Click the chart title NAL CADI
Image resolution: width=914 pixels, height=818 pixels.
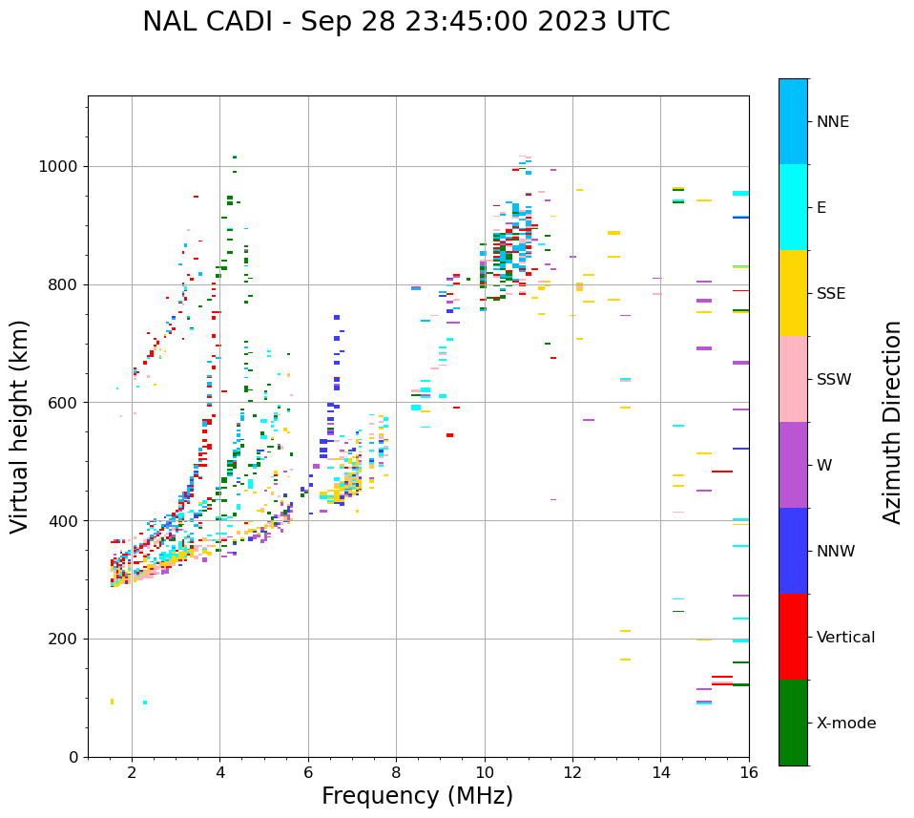tap(405, 22)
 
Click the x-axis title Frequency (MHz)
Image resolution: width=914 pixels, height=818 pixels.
tap(417, 796)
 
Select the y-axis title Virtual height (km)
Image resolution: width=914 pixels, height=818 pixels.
tap(20, 427)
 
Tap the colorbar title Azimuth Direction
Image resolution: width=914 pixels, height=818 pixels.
tap(892, 422)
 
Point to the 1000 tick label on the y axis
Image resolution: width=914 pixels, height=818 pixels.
tap(59, 167)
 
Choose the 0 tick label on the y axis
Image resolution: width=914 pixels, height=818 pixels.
tap(73, 757)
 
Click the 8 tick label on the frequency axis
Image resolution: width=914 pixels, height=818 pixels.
tap(396, 772)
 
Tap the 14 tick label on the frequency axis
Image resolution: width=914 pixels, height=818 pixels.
tap(660, 772)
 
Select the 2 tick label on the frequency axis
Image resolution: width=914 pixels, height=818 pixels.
tap(132, 772)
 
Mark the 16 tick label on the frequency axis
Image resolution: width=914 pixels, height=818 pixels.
tap(748, 772)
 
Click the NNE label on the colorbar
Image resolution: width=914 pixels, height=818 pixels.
tap(832, 122)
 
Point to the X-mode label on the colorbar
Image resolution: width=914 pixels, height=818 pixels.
tap(845, 724)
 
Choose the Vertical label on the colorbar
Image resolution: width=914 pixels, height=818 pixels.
tap(845, 638)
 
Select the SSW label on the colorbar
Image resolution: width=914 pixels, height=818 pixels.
tap(834, 380)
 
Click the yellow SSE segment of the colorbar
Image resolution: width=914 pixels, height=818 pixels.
tap(793, 293)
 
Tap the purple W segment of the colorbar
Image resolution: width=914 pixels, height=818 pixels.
tap(793, 465)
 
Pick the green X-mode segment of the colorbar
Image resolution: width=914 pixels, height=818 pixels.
tap(793, 723)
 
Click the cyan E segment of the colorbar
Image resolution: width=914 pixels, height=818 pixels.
tap(793, 207)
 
